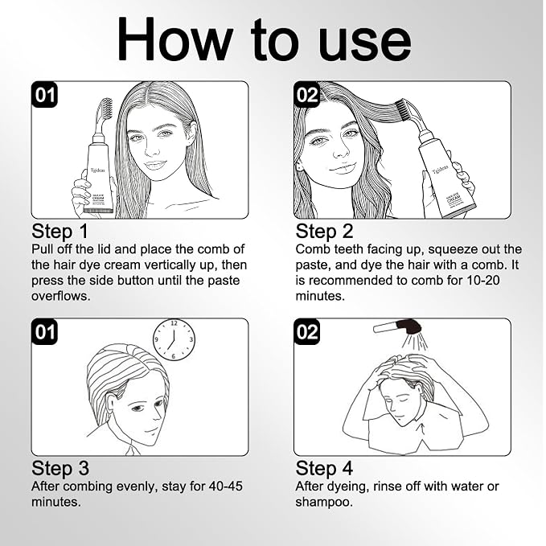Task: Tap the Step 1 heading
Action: pyautogui.click(x=60, y=232)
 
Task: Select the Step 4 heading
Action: pyautogui.click(x=324, y=468)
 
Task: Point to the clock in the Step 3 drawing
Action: pyautogui.click(x=174, y=340)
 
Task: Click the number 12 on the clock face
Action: pyautogui.click(x=174, y=323)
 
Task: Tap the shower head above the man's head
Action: pyautogui.click(x=398, y=327)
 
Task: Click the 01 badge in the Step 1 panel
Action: pyautogui.click(x=44, y=94)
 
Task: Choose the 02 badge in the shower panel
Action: pyautogui.click(x=306, y=332)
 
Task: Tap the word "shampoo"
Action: pyautogui.click(x=322, y=503)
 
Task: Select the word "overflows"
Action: pyautogui.click(x=60, y=296)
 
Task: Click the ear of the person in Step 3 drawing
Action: pyautogui.click(x=110, y=404)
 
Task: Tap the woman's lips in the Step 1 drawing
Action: pyautogui.click(x=154, y=165)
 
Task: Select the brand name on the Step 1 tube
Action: pyautogui.click(x=97, y=170)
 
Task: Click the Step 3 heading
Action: pyautogui.click(x=60, y=468)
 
